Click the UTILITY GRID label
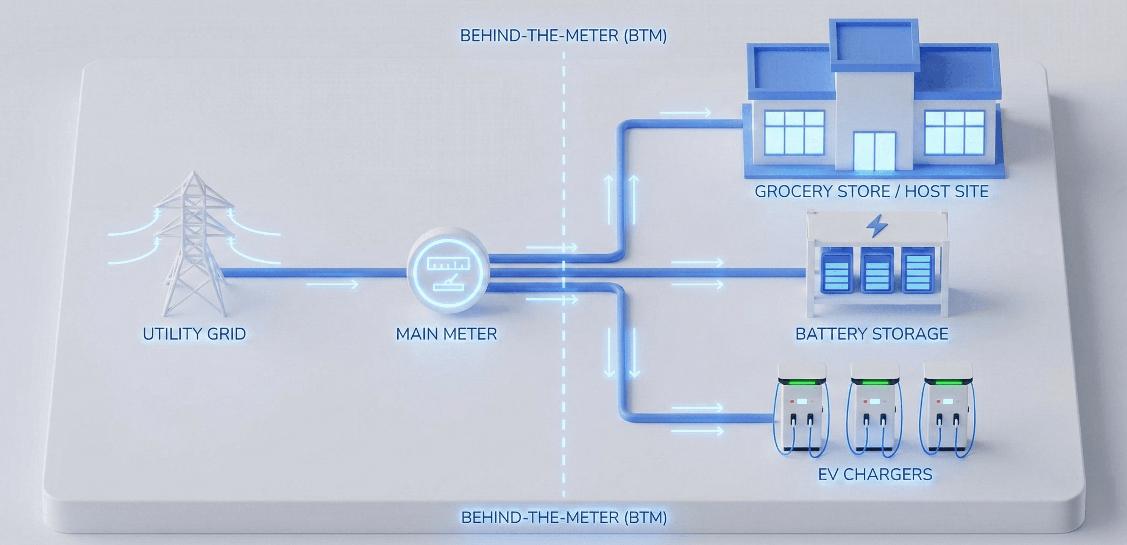(x=194, y=334)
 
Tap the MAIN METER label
(x=446, y=334)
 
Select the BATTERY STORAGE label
(x=871, y=334)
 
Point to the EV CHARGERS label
(x=875, y=475)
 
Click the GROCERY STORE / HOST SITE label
(x=871, y=192)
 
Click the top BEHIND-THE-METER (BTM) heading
(x=563, y=36)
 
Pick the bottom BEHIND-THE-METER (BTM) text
(x=564, y=517)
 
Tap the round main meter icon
(x=448, y=270)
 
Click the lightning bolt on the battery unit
(x=877, y=226)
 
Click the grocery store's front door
(x=874, y=151)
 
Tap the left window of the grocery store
(x=794, y=132)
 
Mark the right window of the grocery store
(x=954, y=132)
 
